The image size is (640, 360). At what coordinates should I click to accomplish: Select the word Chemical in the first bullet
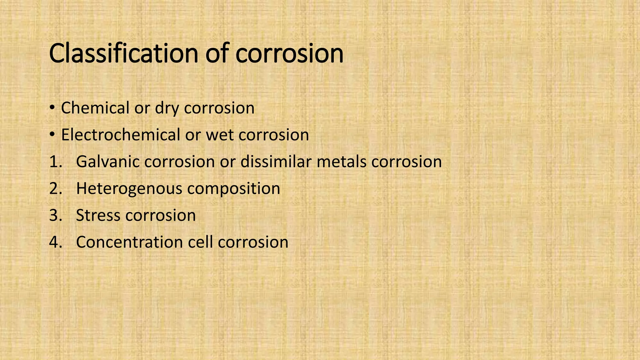coord(95,108)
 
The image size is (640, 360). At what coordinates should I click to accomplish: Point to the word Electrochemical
coord(120,135)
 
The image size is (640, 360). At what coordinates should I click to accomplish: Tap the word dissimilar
coord(276,162)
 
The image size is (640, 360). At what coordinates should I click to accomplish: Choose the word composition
coord(233,189)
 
